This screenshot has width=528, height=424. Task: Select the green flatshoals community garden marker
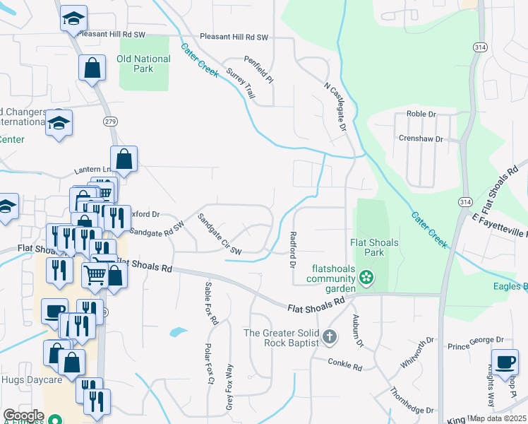(x=366, y=277)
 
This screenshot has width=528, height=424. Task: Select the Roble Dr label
(x=421, y=113)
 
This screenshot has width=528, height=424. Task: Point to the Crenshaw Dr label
(x=421, y=139)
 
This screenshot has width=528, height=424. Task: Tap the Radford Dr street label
(x=292, y=250)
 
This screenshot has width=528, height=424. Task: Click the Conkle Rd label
(x=344, y=366)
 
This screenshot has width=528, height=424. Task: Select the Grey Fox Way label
(x=229, y=387)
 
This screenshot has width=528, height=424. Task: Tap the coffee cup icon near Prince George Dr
(x=504, y=361)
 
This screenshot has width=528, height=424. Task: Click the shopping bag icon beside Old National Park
(x=92, y=69)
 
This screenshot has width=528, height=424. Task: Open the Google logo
(x=23, y=416)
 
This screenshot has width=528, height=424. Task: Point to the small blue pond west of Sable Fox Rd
(x=178, y=331)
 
